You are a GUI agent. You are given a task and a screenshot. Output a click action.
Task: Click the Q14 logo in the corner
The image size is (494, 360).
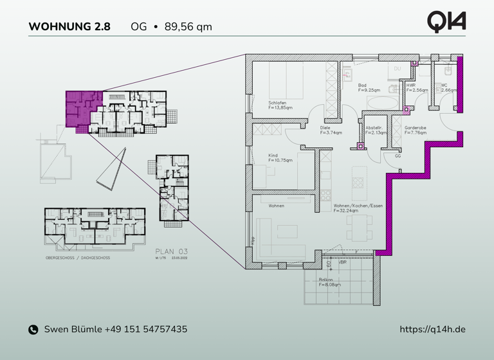(x=446, y=21)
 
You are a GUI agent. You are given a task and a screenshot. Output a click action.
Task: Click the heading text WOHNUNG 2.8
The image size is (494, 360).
(x=69, y=27)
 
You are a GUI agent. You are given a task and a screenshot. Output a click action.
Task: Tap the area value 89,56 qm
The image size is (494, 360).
(x=188, y=27)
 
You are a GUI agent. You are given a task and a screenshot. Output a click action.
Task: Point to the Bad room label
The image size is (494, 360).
(x=362, y=85)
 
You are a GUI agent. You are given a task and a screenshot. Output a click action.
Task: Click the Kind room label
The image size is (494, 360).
(x=273, y=154)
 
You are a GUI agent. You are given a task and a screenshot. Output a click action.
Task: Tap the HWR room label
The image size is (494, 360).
(x=411, y=85)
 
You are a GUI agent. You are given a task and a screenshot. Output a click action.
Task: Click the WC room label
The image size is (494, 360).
(x=444, y=85)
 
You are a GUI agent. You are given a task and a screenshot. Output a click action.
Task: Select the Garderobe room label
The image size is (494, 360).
(x=415, y=127)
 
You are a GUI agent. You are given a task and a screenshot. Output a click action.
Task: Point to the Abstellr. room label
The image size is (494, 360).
(x=374, y=127)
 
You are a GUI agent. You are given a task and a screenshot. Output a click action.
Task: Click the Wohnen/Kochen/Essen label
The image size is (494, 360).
(x=358, y=206)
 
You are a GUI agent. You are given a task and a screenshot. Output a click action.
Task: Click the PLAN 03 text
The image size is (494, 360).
(x=172, y=251)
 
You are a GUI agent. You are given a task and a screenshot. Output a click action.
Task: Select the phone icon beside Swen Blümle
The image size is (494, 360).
(x=33, y=330)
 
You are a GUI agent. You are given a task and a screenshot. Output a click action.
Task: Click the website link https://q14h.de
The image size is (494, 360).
(x=432, y=329)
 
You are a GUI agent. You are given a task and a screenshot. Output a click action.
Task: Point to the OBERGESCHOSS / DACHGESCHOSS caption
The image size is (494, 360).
(x=78, y=257)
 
